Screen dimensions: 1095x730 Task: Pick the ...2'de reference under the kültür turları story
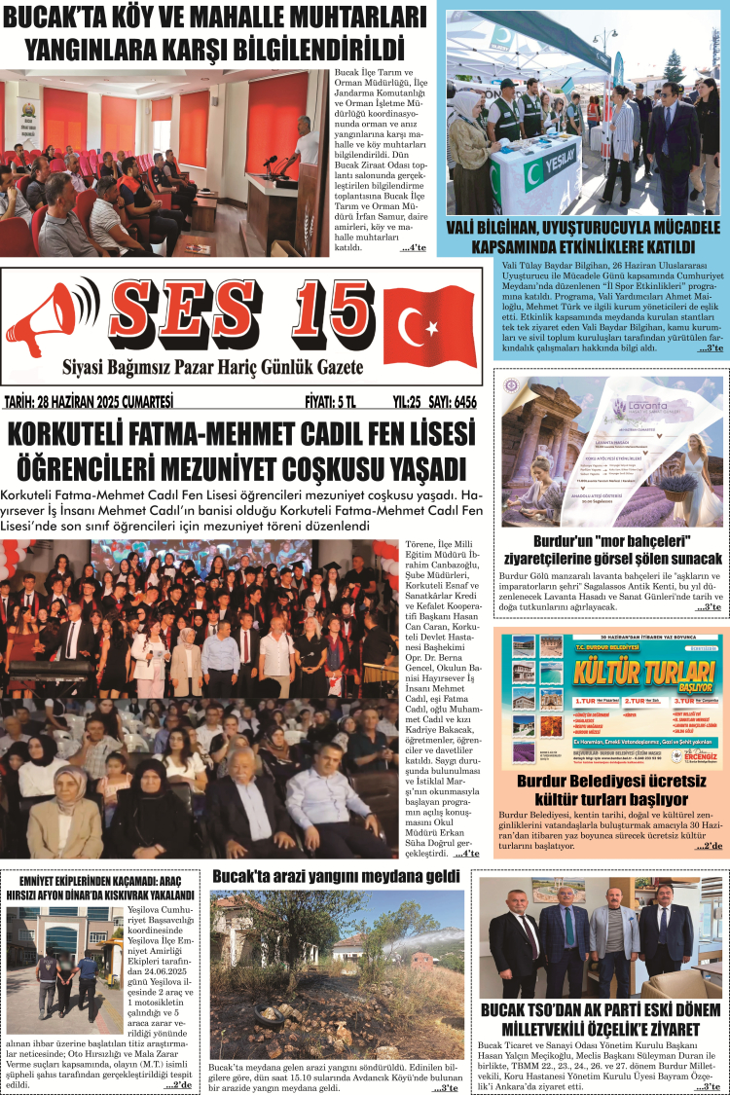709,847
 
